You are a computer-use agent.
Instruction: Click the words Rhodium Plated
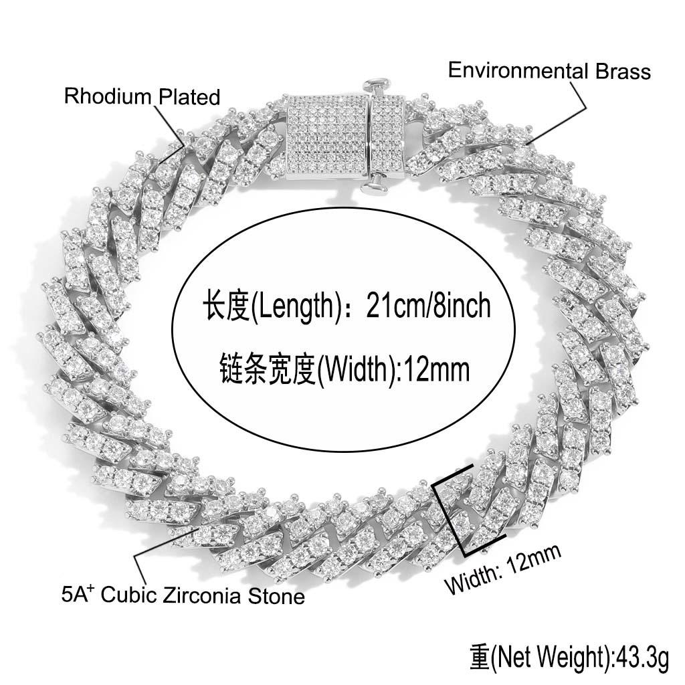click(142, 96)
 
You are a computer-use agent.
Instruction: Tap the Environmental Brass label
click(549, 70)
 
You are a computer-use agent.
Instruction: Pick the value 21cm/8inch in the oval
click(428, 307)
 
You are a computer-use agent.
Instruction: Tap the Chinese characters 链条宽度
click(267, 367)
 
